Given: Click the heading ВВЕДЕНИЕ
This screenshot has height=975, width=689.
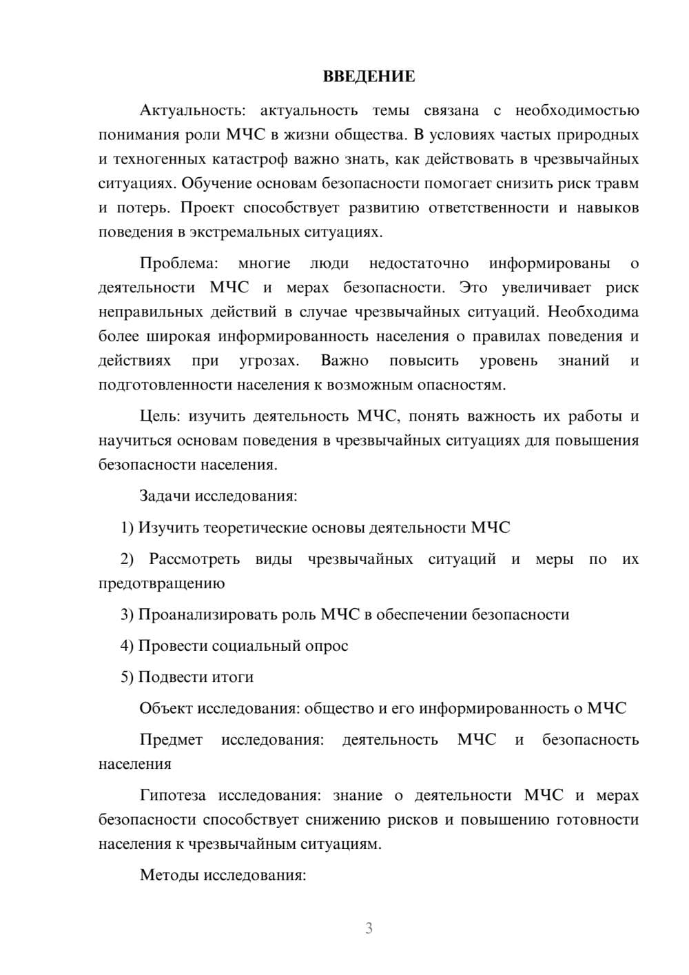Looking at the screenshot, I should click(369, 77).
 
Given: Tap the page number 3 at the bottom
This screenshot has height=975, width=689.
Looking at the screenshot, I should click(369, 928).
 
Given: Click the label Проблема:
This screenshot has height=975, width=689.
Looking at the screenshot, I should click(178, 263).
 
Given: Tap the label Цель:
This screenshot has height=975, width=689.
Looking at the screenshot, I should click(161, 416).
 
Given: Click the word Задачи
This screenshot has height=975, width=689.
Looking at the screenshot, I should click(165, 496).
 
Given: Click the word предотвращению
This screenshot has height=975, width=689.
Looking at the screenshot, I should click(161, 583).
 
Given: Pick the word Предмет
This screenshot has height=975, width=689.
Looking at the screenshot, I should click(171, 740).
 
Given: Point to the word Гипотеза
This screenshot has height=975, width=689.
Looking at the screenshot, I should click(172, 795).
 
